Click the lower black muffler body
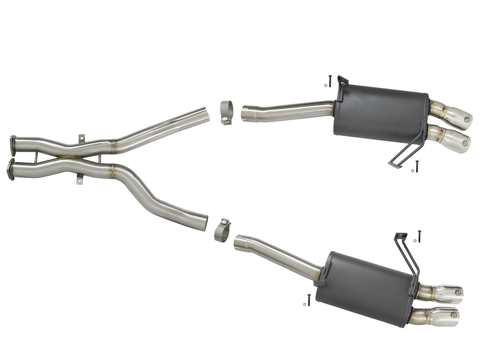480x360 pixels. point(366,288)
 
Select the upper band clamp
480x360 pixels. point(226,113)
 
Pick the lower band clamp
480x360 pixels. point(222,230)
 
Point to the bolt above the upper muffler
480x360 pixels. point(330,81)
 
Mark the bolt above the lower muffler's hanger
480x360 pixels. point(419,236)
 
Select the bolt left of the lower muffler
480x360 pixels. point(309,300)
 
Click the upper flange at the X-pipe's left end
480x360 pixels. point(13,145)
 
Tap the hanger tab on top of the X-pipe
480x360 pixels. point(81,138)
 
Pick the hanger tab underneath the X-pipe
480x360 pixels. point(79,180)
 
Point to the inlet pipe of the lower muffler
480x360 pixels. point(277,254)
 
